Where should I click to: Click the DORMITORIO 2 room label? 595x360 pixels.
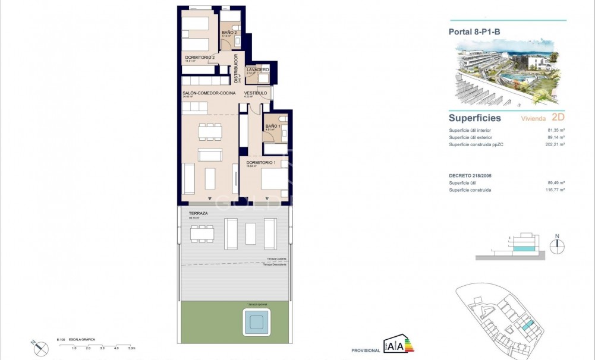pyautogui.click(x=196, y=57)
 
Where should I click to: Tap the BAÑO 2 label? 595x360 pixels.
pyautogui.click(x=229, y=33)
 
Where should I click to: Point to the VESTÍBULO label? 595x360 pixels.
pyautogui.click(x=256, y=93)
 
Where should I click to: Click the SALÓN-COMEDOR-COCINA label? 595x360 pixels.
pyautogui.click(x=209, y=93)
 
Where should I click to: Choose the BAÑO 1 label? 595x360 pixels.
pyautogui.click(x=273, y=126)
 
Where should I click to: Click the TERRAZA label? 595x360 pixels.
pyautogui.click(x=198, y=213)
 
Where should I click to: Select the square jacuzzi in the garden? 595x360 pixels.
pyautogui.click(x=256, y=322)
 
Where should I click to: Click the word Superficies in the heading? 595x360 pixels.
pyautogui.click(x=475, y=118)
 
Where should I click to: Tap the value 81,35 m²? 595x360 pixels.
pyautogui.click(x=556, y=130)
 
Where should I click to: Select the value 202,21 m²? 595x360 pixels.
pyautogui.click(x=556, y=144)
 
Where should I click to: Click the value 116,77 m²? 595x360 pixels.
pyautogui.click(x=556, y=190)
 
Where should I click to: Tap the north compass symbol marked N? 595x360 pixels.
pyautogui.click(x=557, y=245)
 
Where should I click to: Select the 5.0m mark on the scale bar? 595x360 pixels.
pyautogui.click(x=131, y=348)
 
